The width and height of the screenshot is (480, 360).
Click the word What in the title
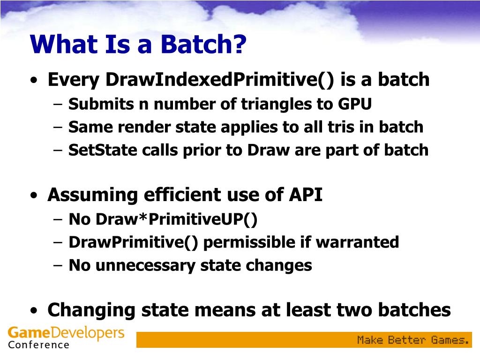coord(64,44)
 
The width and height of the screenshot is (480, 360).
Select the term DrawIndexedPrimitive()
coord(219,80)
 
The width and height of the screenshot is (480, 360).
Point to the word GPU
coord(355,104)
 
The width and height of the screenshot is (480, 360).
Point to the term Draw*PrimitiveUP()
coord(163,219)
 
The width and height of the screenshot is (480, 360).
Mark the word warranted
coord(357,242)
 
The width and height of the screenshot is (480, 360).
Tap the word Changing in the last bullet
coord(91,310)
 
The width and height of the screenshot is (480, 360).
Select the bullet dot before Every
coord(34,81)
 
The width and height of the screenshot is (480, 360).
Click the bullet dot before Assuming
coord(34,195)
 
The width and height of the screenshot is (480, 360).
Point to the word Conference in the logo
coord(38,345)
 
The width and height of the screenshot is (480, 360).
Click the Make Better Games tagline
coord(413,340)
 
